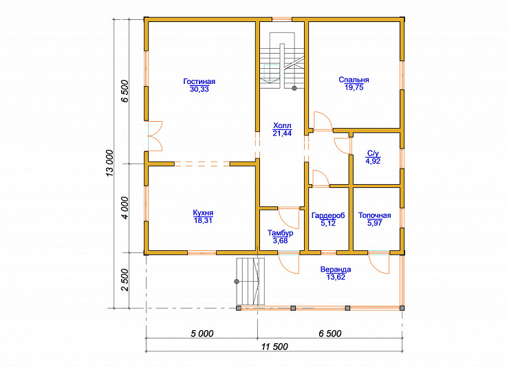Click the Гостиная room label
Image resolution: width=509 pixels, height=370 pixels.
click(199, 81)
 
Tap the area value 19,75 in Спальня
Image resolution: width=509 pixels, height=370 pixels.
click(354, 87)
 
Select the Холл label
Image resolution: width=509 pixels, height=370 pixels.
click(282, 126)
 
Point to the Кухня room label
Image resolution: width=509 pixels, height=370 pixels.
click(203, 213)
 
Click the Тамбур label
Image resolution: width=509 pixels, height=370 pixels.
click(281, 233)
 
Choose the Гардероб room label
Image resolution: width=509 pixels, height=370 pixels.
click(328, 215)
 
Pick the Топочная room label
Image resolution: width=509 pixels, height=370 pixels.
click(375, 215)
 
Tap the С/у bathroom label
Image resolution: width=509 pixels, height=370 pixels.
click(373, 153)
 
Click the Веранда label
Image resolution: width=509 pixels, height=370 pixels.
click(336, 270)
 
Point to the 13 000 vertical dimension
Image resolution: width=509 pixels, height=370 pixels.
click(110, 163)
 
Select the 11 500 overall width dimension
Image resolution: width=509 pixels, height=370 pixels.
click(274, 347)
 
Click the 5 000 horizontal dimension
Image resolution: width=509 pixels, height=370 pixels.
click(202, 334)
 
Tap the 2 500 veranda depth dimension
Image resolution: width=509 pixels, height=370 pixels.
click(125, 280)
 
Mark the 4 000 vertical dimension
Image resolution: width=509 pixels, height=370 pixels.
click(125, 208)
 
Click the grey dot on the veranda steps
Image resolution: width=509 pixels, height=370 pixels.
click(237, 281)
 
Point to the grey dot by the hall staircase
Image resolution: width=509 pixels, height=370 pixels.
click(294, 88)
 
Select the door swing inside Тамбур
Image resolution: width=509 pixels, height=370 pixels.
click(288, 219)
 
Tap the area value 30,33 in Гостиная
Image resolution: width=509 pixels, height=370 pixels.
click(199, 89)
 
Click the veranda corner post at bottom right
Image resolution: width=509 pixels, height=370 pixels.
click(402, 308)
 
